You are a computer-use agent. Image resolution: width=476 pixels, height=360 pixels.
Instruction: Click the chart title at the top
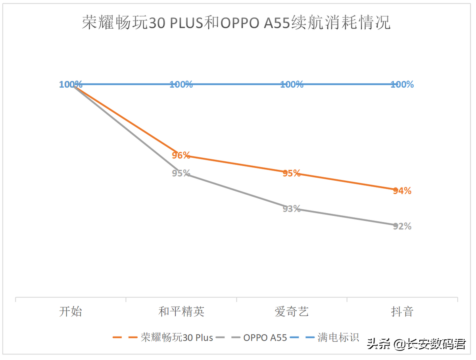[x=236, y=22]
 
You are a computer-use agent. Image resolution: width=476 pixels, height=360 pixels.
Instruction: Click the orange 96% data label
[x=181, y=155]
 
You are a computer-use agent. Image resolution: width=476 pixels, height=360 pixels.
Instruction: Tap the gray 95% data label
[x=181, y=173]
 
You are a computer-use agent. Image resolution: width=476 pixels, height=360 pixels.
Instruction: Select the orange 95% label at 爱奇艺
[x=292, y=173]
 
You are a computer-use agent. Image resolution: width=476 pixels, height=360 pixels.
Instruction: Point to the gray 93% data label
[x=292, y=209]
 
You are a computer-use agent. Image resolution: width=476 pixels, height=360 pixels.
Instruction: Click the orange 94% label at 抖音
[x=402, y=191]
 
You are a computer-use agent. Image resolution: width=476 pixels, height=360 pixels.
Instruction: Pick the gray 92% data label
[x=402, y=226]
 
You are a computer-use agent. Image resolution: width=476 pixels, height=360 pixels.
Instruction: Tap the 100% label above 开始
[x=71, y=84]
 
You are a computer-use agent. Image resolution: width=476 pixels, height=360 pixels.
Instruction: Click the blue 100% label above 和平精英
[x=181, y=84]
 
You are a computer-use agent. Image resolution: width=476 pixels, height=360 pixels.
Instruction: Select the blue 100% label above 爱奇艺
[x=292, y=84]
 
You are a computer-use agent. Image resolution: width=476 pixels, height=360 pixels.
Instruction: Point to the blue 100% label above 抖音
[x=402, y=84]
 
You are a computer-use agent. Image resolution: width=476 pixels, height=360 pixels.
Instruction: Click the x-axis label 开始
[x=71, y=312]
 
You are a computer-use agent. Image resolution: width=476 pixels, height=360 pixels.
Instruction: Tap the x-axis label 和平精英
[x=181, y=312]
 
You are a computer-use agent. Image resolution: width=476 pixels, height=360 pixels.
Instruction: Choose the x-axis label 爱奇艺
[x=292, y=312]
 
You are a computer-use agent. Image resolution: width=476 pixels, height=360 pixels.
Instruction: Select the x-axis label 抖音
[x=402, y=312]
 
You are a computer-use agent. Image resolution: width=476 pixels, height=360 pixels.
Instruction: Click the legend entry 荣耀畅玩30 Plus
[x=177, y=337]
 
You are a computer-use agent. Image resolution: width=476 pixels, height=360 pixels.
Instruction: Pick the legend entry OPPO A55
[x=265, y=338]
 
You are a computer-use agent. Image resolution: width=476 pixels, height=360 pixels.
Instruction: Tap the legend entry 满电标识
[x=338, y=337]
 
